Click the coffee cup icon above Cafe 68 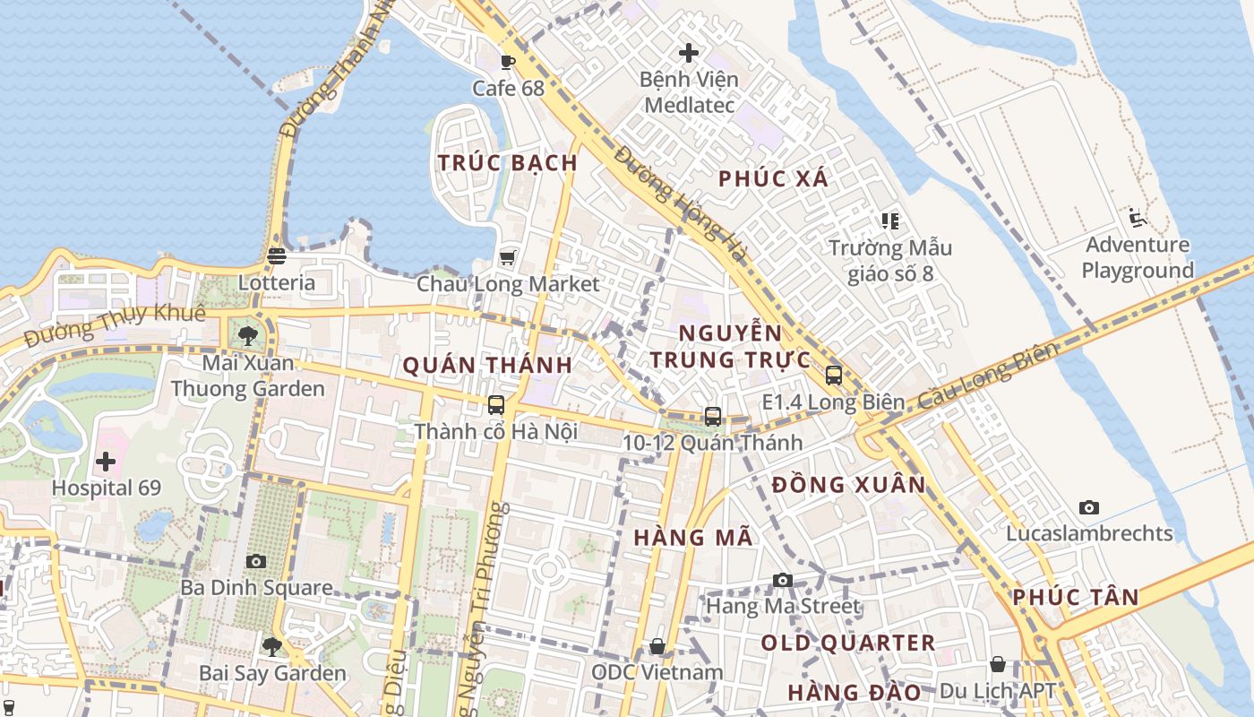click(x=508, y=62)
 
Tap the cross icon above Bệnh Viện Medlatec click(x=689, y=53)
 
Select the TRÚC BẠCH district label click(x=508, y=163)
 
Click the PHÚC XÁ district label click(x=774, y=178)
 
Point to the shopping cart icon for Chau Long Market click(x=508, y=258)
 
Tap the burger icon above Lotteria click(x=277, y=256)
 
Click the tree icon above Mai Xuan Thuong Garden click(x=248, y=336)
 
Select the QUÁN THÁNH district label click(x=487, y=366)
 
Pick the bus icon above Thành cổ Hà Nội click(x=496, y=405)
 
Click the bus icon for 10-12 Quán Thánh click(x=713, y=416)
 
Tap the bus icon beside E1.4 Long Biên click(x=833, y=376)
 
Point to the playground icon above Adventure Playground click(x=1138, y=218)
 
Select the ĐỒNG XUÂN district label click(x=849, y=485)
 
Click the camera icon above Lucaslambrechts click(x=1089, y=507)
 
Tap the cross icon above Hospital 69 click(x=106, y=462)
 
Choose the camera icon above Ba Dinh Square click(x=256, y=561)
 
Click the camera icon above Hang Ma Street click(x=783, y=580)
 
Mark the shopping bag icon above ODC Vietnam click(x=657, y=646)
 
